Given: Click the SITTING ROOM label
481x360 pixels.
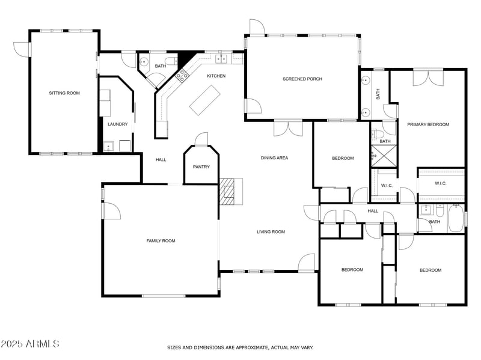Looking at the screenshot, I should click(x=64, y=93).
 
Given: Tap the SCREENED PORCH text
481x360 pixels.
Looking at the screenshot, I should click(x=302, y=79).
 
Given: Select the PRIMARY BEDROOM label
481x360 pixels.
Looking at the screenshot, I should click(x=428, y=124).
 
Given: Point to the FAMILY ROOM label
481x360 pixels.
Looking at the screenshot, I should click(x=161, y=240).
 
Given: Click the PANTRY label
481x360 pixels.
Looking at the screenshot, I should click(x=201, y=166).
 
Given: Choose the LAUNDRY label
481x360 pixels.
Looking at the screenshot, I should click(x=117, y=124).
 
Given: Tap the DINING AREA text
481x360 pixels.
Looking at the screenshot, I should click(x=274, y=158).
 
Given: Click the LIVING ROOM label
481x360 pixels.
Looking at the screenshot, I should click(x=271, y=231).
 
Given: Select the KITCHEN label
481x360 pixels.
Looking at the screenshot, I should click(x=216, y=76).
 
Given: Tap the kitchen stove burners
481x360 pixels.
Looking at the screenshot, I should click(x=181, y=75).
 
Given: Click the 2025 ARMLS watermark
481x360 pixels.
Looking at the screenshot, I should click(x=30, y=344).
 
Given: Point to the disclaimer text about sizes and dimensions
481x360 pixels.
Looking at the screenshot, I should click(x=240, y=347).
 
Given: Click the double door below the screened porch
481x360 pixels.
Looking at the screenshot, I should click(x=288, y=127).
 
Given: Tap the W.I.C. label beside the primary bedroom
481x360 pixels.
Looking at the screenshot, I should click(x=440, y=183).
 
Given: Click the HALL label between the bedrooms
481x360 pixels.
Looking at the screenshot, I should click(x=373, y=211).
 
